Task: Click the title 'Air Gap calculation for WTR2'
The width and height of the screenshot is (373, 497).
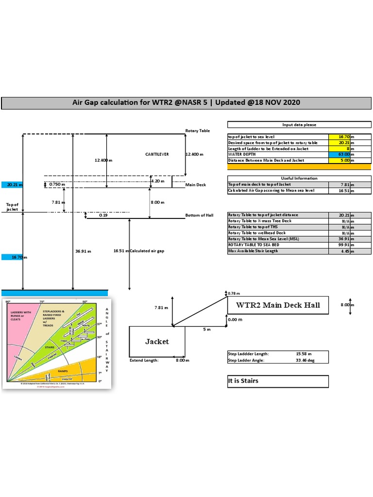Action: (x=186, y=103)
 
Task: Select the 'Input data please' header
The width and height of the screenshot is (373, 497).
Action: (x=299, y=125)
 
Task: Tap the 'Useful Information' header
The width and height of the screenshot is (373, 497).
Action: (x=299, y=178)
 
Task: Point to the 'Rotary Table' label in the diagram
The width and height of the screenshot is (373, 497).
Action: (x=197, y=131)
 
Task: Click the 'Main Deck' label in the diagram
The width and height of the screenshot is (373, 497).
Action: (x=195, y=185)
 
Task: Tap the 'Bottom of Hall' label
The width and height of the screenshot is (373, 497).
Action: (x=199, y=215)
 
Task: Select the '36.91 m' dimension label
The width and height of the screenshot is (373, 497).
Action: (x=84, y=251)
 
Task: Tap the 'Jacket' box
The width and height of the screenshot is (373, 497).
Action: (x=157, y=342)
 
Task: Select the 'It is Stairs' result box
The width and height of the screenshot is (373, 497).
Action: (x=277, y=381)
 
